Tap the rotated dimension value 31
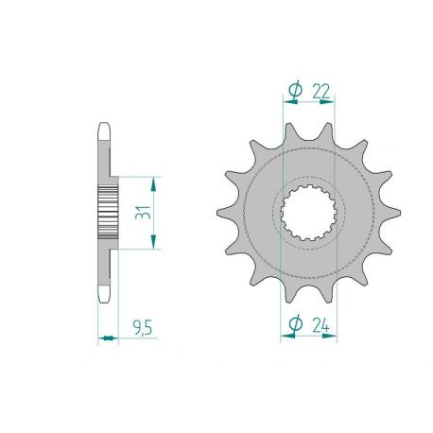point(140,212)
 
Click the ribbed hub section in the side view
point(106,212)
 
